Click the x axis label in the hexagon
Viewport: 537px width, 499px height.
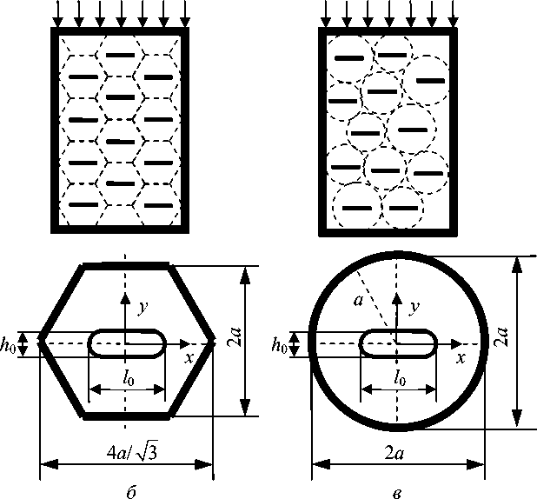(x=186, y=356)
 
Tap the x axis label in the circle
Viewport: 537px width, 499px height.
(x=461, y=356)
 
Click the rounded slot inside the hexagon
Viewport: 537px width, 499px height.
(x=127, y=343)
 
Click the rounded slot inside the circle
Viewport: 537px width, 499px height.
(x=396, y=343)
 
